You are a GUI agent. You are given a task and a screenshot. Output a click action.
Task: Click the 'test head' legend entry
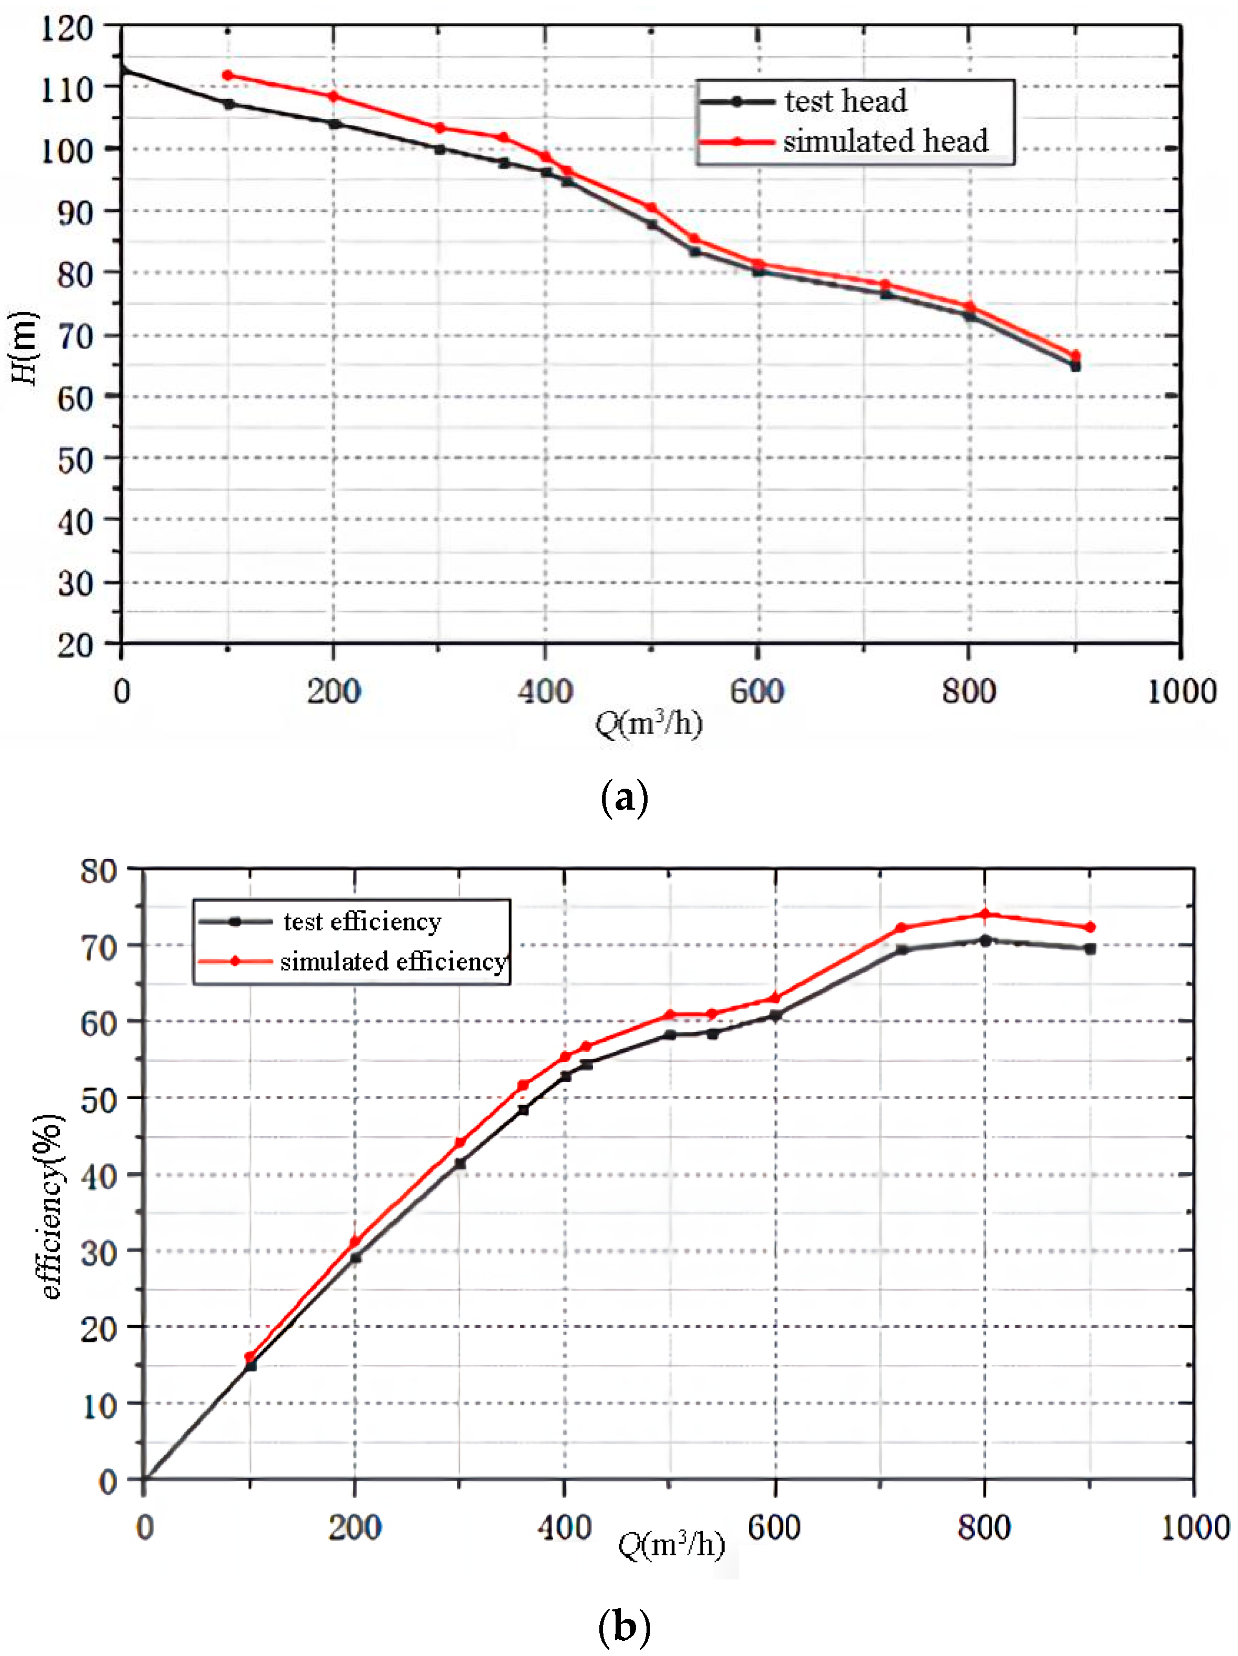[844, 102]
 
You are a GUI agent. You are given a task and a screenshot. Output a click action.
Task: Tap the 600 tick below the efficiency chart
[774, 1528]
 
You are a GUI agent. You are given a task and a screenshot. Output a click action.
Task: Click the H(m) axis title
[24, 347]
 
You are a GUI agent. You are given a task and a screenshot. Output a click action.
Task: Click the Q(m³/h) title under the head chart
[648, 723]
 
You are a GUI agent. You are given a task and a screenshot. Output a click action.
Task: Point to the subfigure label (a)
[623, 799]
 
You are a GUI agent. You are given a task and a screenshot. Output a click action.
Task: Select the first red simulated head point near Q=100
[228, 76]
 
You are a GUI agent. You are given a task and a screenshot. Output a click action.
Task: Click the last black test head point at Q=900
[1075, 366]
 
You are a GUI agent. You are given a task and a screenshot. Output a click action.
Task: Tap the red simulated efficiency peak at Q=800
[985, 914]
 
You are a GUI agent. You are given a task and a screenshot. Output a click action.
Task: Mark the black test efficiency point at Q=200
[356, 1257]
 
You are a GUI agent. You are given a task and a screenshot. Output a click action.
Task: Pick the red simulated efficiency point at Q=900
[1091, 927]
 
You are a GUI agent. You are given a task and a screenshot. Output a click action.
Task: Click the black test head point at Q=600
[758, 271]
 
